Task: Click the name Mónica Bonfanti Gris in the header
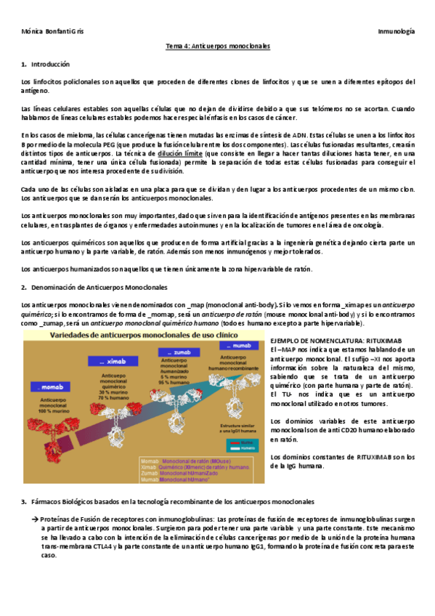(x=47, y=33)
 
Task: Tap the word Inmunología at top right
(x=396, y=33)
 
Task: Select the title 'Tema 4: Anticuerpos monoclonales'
(x=218, y=46)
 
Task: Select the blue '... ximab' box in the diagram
(x=107, y=360)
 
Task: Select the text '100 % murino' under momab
(x=47, y=412)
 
